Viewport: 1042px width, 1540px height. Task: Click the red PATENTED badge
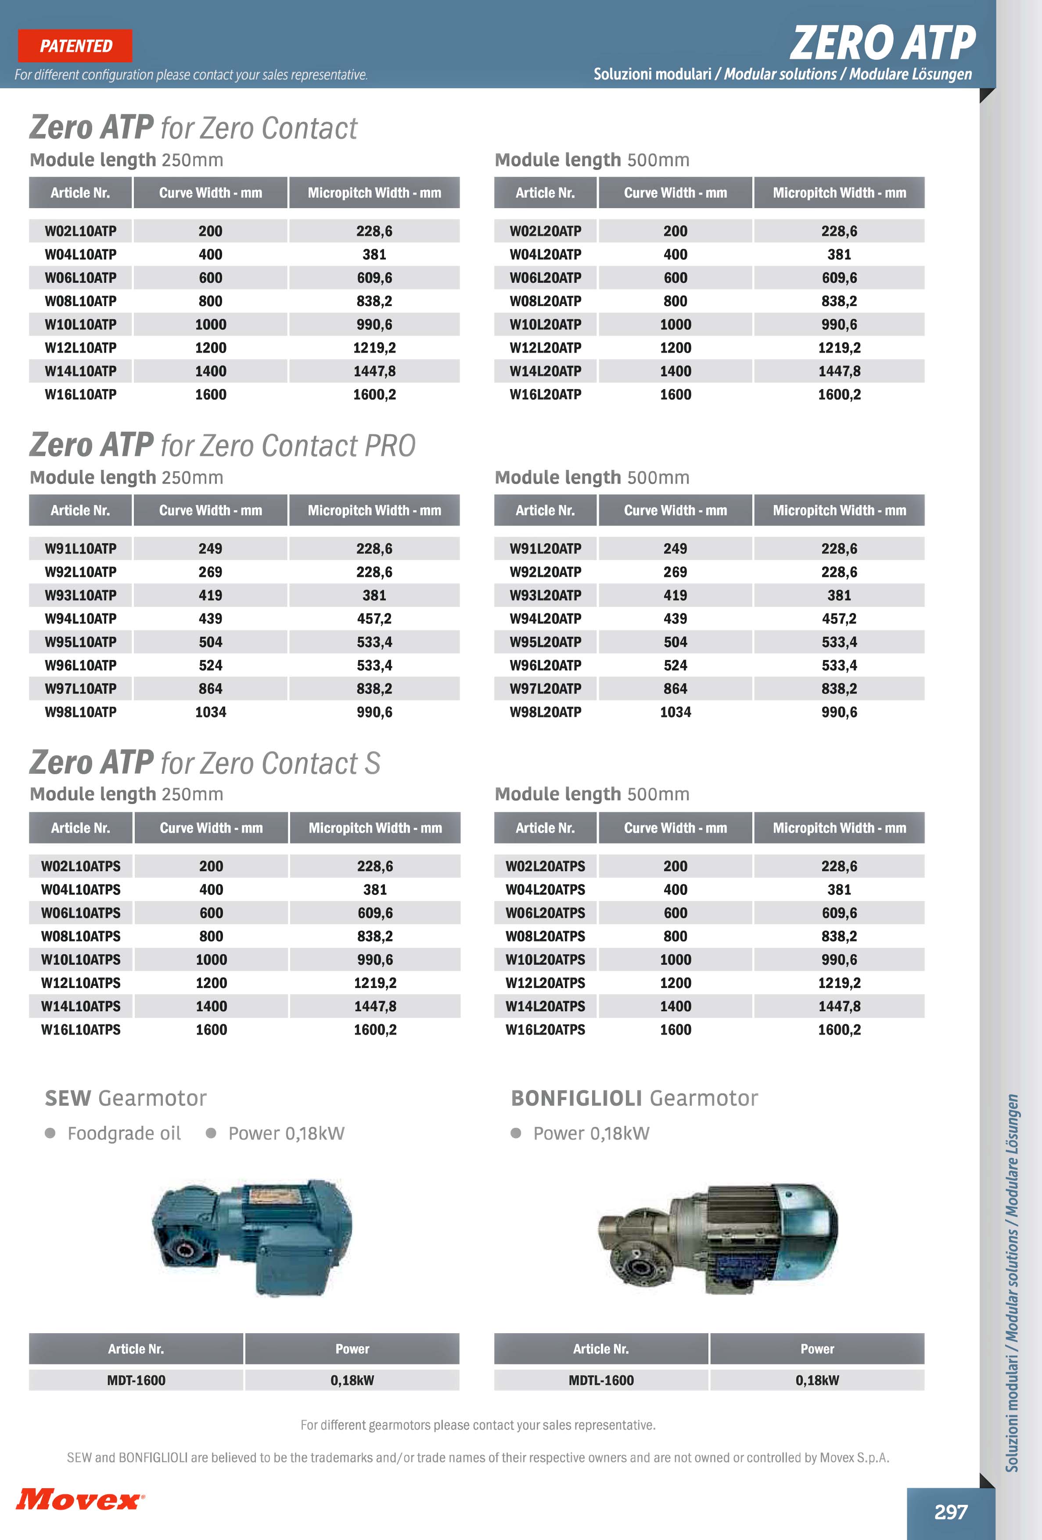(75, 46)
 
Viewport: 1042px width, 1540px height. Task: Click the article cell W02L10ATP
(80, 231)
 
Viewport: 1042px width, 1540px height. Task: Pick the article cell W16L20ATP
(545, 395)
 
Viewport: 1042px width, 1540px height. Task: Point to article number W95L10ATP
(80, 642)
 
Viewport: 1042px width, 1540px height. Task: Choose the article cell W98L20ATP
(545, 712)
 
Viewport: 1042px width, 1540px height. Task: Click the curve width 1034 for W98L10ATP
(211, 712)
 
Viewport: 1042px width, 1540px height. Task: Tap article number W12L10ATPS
(81, 983)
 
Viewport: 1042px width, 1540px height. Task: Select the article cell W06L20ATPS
(545, 913)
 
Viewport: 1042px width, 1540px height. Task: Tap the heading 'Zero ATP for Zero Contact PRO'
(223, 445)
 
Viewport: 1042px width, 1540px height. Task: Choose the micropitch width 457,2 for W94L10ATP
(374, 619)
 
